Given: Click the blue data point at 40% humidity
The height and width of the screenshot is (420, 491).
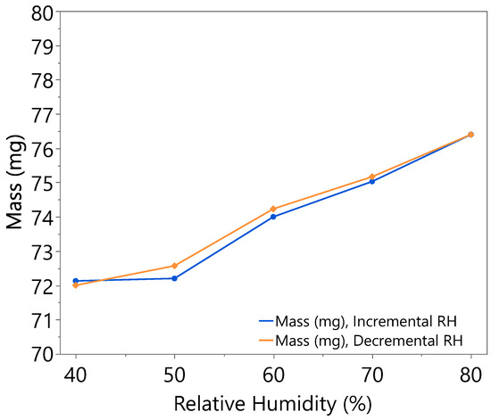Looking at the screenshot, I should [x=76, y=281].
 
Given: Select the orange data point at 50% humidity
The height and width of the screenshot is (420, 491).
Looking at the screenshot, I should [x=175, y=266].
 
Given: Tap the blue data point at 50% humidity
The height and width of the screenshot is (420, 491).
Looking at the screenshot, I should [x=175, y=278].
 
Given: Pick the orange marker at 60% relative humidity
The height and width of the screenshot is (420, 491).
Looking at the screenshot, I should [x=273, y=209].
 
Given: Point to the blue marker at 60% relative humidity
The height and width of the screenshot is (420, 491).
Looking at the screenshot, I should [x=273, y=217].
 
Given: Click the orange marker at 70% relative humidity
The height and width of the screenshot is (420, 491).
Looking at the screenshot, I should [x=372, y=177].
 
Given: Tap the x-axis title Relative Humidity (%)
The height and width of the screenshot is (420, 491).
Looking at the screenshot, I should [x=273, y=403].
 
